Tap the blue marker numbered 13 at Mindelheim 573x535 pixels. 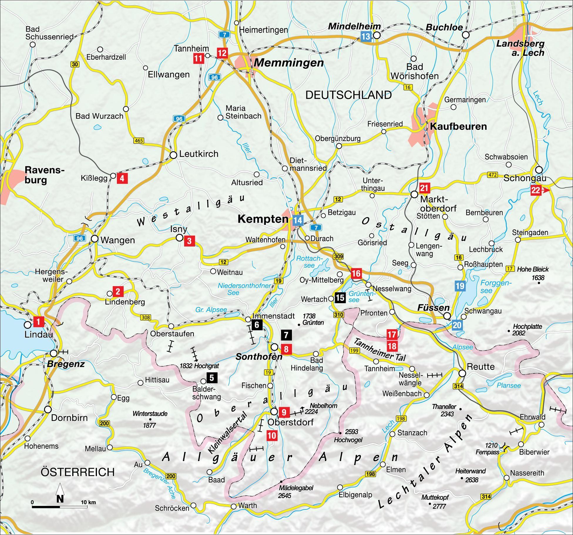[x=366, y=37]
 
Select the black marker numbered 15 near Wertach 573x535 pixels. [x=340, y=298]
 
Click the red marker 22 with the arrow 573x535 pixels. [x=536, y=190]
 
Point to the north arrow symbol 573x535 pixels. [x=60, y=494]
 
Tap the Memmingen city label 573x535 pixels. [x=288, y=63]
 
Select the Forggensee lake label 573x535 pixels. [x=496, y=286]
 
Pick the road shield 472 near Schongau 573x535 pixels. [x=492, y=175]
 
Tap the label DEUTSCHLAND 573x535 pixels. [x=348, y=95]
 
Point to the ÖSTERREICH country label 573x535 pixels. [x=78, y=472]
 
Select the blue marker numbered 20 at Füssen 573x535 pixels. [x=457, y=325]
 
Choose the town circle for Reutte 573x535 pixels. [x=462, y=373]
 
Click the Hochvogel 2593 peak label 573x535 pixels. [x=348, y=436]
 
